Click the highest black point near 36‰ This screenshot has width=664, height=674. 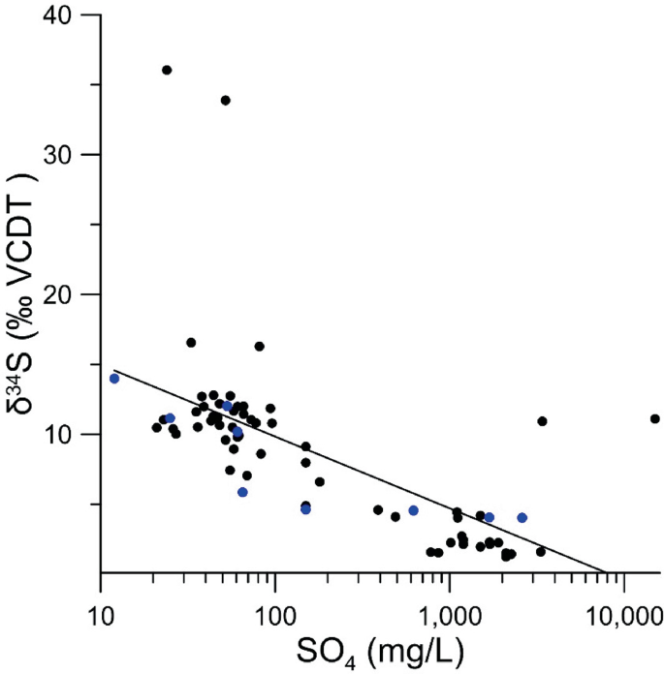click(167, 70)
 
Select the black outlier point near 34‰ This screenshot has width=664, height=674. click(226, 100)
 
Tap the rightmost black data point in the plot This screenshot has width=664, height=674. click(655, 418)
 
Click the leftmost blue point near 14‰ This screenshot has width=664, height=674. click(114, 378)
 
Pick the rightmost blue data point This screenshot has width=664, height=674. click(522, 517)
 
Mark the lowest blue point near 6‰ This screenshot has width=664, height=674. click(242, 492)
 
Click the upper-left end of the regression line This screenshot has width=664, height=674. click(115, 370)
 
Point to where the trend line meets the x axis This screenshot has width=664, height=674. click(605, 572)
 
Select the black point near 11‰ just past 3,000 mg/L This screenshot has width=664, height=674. click(542, 420)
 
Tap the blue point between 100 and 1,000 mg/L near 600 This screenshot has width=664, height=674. click(413, 510)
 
